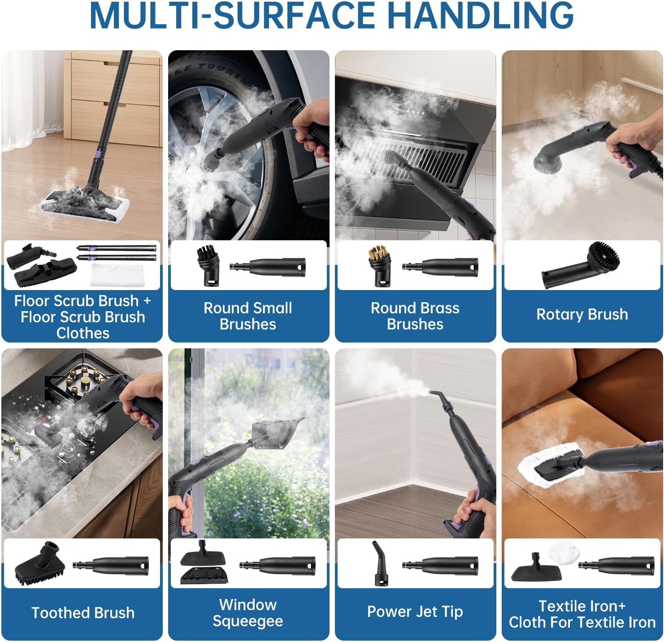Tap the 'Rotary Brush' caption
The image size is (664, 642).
point(582,314)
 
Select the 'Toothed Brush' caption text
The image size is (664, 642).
point(83,613)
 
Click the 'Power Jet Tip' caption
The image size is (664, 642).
point(415,612)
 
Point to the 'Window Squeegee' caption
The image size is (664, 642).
point(248,613)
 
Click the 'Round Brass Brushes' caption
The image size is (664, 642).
point(415,316)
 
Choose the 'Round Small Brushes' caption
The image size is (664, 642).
point(248,316)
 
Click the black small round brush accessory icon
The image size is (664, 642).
point(208,266)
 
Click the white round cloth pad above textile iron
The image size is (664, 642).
point(564,553)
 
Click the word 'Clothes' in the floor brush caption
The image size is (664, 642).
point(83,333)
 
